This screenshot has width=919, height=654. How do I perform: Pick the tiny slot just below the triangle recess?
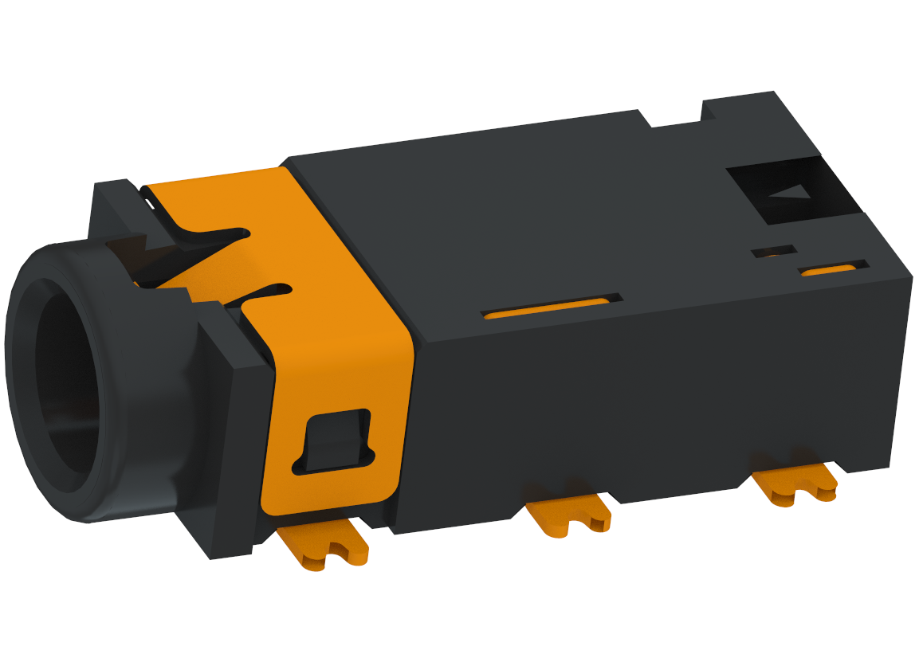(774, 252)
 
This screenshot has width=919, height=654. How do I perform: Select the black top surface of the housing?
(518, 207)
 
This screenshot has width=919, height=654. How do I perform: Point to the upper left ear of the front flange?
(112, 199)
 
